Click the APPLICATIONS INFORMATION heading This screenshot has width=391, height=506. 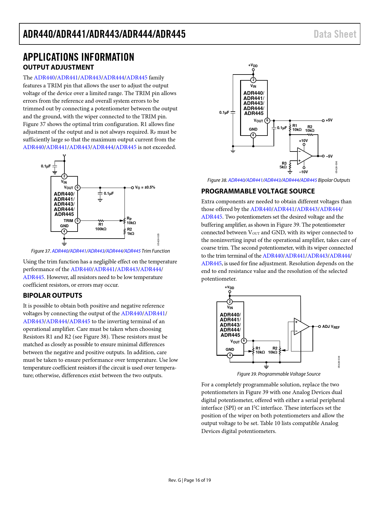(79, 57)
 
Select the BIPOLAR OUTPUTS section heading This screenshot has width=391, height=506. (52, 295)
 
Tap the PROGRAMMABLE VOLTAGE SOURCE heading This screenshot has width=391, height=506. (258, 191)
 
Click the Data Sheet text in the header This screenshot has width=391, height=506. (335, 34)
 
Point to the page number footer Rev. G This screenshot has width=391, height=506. (190, 480)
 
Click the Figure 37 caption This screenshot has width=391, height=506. (100, 251)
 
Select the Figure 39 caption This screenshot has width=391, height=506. (278, 374)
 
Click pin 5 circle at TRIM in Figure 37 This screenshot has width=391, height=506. (78, 220)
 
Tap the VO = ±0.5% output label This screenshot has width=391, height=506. (145, 187)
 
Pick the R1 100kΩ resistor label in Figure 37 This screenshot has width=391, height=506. (101, 227)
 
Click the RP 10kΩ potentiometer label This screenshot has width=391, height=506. (131, 221)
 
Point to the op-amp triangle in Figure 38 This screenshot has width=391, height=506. (304, 156)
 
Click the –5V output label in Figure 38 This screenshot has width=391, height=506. (329, 156)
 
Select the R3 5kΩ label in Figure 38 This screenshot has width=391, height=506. (283, 165)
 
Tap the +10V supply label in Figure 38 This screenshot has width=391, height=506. (303, 141)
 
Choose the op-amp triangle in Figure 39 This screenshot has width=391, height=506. (301, 327)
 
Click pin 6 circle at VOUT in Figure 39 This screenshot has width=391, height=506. (244, 340)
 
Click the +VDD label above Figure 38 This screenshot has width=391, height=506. (253, 65)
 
